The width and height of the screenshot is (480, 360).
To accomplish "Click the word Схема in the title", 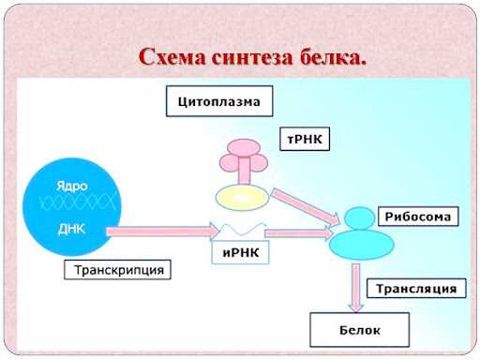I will coord(168,57).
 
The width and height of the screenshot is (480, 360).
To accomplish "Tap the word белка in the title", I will coord(327,57).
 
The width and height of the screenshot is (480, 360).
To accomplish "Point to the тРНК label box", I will coord(307,139).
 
